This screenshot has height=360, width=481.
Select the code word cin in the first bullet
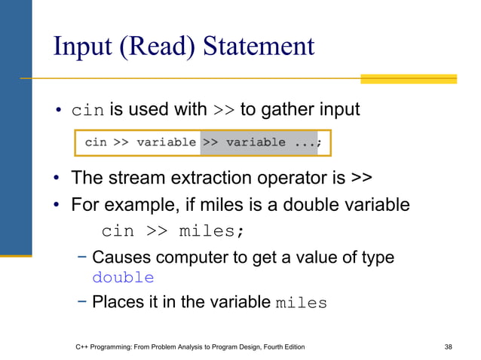tap(87, 111)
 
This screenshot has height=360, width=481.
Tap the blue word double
tap(123, 278)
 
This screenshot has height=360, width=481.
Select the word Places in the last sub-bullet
tap(117, 303)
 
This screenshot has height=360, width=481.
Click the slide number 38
tap(449, 346)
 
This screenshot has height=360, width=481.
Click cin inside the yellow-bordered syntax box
tap(95, 142)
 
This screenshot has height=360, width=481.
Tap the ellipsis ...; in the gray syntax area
tap(306, 142)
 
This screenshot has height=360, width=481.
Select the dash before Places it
tap(81, 303)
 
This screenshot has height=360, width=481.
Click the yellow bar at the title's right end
tap(408, 78)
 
